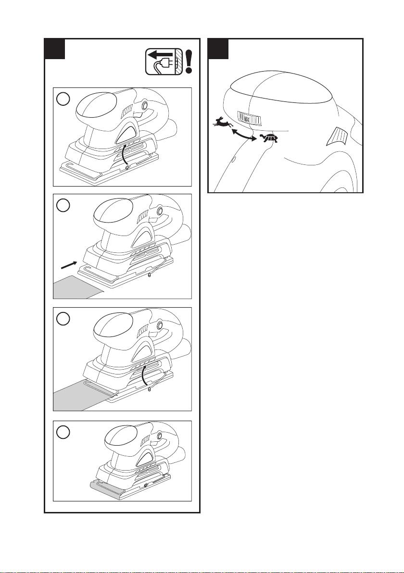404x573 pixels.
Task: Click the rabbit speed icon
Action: click(x=223, y=123)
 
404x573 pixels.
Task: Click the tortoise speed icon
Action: click(x=269, y=138)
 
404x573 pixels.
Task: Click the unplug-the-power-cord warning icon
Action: click(x=164, y=62)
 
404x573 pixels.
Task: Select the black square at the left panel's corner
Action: click(x=54, y=49)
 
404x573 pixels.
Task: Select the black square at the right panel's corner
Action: click(x=218, y=49)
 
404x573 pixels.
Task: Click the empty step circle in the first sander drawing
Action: click(x=63, y=99)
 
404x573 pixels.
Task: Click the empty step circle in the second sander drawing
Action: click(x=63, y=205)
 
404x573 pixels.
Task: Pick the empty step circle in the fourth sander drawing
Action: click(x=63, y=432)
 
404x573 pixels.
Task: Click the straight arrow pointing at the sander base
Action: click(x=69, y=265)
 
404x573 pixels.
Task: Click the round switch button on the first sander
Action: click(x=144, y=106)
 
